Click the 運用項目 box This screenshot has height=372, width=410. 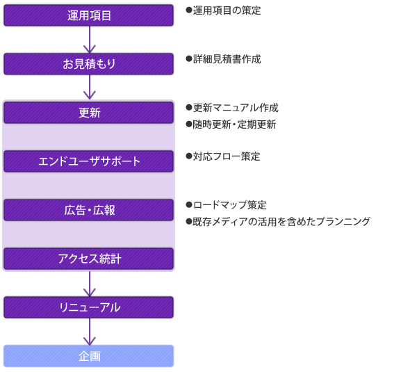click(89, 15)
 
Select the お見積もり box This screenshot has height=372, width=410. click(89, 64)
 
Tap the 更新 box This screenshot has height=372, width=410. click(89, 113)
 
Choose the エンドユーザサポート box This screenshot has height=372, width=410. click(89, 161)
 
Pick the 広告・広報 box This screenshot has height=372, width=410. click(89, 210)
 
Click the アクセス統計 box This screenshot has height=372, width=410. click(89, 259)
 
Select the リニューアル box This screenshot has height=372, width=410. click(89, 307)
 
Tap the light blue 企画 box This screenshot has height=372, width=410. click(89, 356)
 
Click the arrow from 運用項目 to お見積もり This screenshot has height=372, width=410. click(90, 40)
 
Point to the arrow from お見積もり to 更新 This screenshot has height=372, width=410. click(90, 87)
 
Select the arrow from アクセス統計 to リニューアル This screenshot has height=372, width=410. click(90, 284)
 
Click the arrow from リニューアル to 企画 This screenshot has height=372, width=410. click(90, 332)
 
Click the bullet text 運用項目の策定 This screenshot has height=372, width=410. click(227, 10)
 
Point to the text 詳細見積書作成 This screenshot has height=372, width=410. click(227, 59)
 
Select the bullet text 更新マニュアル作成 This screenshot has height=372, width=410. click(236, 108)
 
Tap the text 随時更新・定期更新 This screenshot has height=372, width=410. click(234, 124)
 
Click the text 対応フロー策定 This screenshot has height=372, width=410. click(227, 156)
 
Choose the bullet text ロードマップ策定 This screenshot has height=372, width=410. click(230, 205)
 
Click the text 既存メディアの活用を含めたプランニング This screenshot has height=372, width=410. click(281, 222)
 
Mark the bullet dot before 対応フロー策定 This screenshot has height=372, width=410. click(189, 156)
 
